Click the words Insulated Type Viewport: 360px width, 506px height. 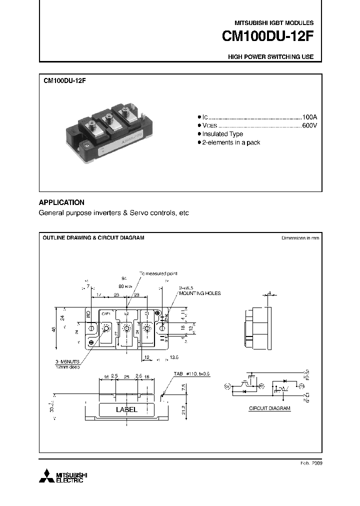[x=222, y=134]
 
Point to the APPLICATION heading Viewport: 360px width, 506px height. [x=61, y=202]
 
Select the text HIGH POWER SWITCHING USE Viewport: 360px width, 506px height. [x=270, y=57]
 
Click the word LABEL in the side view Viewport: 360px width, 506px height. [x=126, y=409]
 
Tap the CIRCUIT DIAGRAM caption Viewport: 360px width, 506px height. [x=269, y=408]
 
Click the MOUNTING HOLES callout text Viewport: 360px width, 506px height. [x=200, y=293]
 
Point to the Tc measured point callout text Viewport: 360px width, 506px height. [x=158, y=273]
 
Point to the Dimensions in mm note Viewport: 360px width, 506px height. [x=300, y=238]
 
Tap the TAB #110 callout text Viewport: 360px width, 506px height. [x=192, y=373]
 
